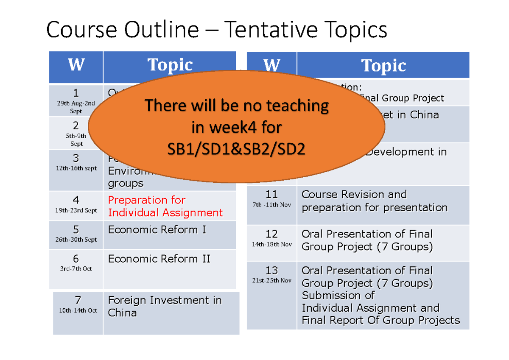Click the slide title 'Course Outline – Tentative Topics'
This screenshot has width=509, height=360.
click(216, 31)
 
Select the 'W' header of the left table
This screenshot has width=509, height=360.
click(76, 66)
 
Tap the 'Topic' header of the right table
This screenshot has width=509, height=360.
click(383, 66)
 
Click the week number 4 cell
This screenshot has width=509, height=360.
click(76, 200)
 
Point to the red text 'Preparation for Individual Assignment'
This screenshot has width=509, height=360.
click(165, 206)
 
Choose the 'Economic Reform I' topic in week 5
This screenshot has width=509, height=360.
click(157, 230)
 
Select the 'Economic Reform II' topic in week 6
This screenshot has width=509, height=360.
click(159, 259)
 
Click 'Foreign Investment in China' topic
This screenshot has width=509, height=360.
click(165, 306)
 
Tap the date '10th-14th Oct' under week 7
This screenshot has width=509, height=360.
click(78, 310)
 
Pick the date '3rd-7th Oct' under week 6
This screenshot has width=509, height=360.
click(76, 269)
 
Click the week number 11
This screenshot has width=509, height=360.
click(271, 195)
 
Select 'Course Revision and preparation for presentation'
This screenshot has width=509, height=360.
click(374, 201)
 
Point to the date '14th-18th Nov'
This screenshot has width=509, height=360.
click(272, 245)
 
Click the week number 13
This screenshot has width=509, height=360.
click(271, 271)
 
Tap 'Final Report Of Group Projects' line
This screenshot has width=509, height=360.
click(380, 320)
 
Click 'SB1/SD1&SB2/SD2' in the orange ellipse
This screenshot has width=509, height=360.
click(236, 150)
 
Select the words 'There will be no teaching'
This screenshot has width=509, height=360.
click(237, 105)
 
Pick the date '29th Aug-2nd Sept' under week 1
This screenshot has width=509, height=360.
click(76, 107)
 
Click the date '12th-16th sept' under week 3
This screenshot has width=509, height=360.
click(76, 168)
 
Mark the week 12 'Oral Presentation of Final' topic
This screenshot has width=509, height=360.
click(367, 234)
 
